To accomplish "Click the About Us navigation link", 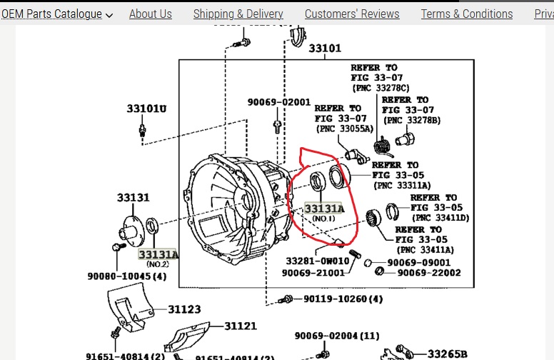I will (x=150, y=14).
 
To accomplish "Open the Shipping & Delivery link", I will (x=238, y=14).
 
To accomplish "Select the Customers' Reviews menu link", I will (x=352, y=14).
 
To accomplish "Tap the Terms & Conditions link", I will (x=466, y=14).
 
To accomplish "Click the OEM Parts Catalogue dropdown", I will (x=56, y=14).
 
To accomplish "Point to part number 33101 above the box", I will (x=325, y=49).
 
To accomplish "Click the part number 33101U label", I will (x=146, y=109).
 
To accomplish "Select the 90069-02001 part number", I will (x=279, y=102).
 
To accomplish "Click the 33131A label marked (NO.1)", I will (x=323, y=209).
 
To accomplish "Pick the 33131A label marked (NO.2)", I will (x=158, y=254).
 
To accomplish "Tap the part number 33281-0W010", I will (x=318, y=261).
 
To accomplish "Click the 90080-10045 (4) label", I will (x=126, y=276).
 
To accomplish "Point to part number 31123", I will (x=184, y=309).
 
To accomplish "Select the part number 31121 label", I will (x=240, y=326).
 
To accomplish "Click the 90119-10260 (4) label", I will (x=343, y=299).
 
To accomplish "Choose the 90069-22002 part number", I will (x=428, y=272).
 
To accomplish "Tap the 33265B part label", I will (x=448, y=353).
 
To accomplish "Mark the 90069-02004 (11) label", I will (x=337, y=336).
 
